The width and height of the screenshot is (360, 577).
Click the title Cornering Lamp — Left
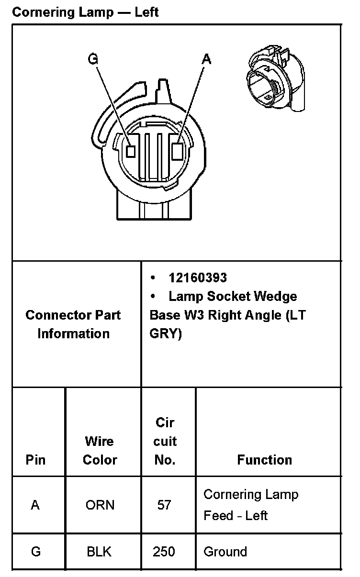85,12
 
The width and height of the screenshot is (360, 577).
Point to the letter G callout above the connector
93,59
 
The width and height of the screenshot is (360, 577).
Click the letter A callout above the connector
206,59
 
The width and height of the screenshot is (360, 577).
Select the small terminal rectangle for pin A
176,151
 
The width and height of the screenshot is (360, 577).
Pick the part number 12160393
197,277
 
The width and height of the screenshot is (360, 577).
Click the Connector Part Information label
73,324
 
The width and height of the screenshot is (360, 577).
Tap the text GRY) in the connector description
166,334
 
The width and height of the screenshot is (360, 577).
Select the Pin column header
35,460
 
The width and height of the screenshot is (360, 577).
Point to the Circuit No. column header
165,441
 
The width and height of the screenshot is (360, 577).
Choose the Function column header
264,460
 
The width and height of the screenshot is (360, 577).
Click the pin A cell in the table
35,505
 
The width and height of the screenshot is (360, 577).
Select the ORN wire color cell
100,505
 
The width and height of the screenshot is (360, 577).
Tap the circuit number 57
164,505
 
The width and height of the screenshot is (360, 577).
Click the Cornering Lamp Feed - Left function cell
250,505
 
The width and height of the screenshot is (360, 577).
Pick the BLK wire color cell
99,552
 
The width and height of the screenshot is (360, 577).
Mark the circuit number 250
164,552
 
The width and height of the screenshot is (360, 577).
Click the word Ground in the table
225,552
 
